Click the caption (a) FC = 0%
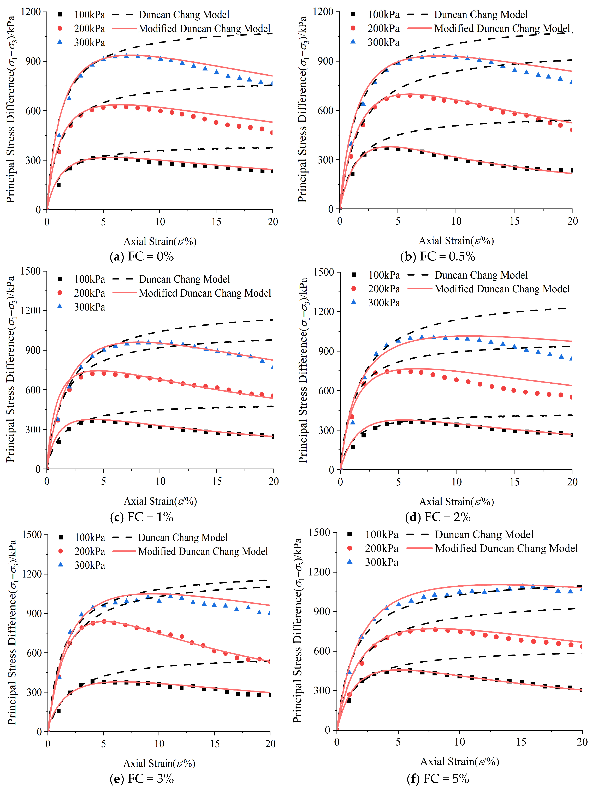click(142, 256)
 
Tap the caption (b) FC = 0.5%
click(438, 256)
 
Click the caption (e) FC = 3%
click(142, 778)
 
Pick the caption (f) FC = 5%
click(438, 778)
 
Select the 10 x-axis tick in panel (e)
click(159, 744)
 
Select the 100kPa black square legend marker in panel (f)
click(350, 534)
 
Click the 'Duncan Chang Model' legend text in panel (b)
click(481, 15)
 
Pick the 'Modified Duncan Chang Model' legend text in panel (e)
click(203, 551)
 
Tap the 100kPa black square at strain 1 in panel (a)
click(58, 185)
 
